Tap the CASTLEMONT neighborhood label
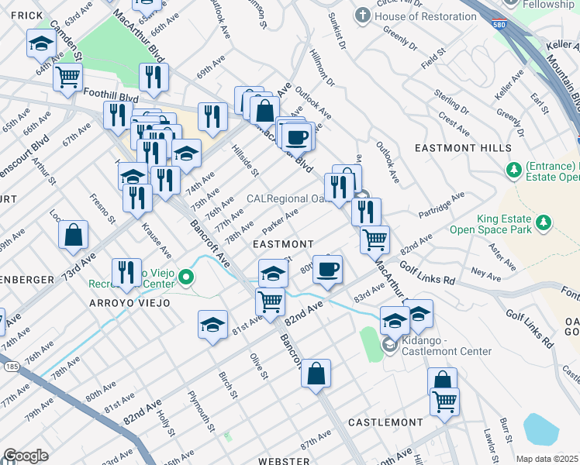385,422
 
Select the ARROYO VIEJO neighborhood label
129,302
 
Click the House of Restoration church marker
362,15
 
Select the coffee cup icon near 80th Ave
327,269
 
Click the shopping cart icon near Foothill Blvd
68,77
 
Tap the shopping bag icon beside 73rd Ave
73,235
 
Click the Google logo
26,456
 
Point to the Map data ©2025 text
547,459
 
